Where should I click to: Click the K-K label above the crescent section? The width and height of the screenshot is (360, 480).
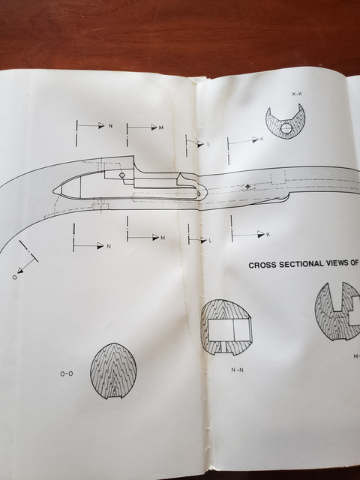point(297,94)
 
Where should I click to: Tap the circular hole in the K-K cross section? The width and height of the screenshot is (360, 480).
point(286,129)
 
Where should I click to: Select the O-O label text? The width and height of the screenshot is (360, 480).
point(67,373)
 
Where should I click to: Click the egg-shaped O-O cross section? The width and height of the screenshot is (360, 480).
point(113,370)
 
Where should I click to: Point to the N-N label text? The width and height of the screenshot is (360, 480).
point(237,370)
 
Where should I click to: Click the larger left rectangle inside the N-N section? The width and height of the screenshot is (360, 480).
point(220,330)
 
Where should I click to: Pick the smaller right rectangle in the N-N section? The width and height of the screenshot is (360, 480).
point(241,330)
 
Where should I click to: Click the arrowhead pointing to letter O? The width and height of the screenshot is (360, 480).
point(20,270)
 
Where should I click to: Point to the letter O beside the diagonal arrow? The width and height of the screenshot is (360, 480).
point(14,277)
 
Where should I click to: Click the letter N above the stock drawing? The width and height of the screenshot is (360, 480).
point(110,125)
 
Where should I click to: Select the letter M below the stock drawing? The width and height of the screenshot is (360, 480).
point(163,238)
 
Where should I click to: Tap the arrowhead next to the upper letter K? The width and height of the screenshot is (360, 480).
point(256,139)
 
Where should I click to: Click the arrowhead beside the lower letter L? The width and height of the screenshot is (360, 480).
point(204,240)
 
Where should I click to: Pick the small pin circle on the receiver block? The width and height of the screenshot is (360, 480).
point(121,175)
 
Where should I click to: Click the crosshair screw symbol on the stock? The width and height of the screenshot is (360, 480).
point(247,187)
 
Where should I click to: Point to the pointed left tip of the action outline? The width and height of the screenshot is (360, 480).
point(53,191)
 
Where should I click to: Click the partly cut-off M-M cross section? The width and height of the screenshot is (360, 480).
point(337,312)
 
